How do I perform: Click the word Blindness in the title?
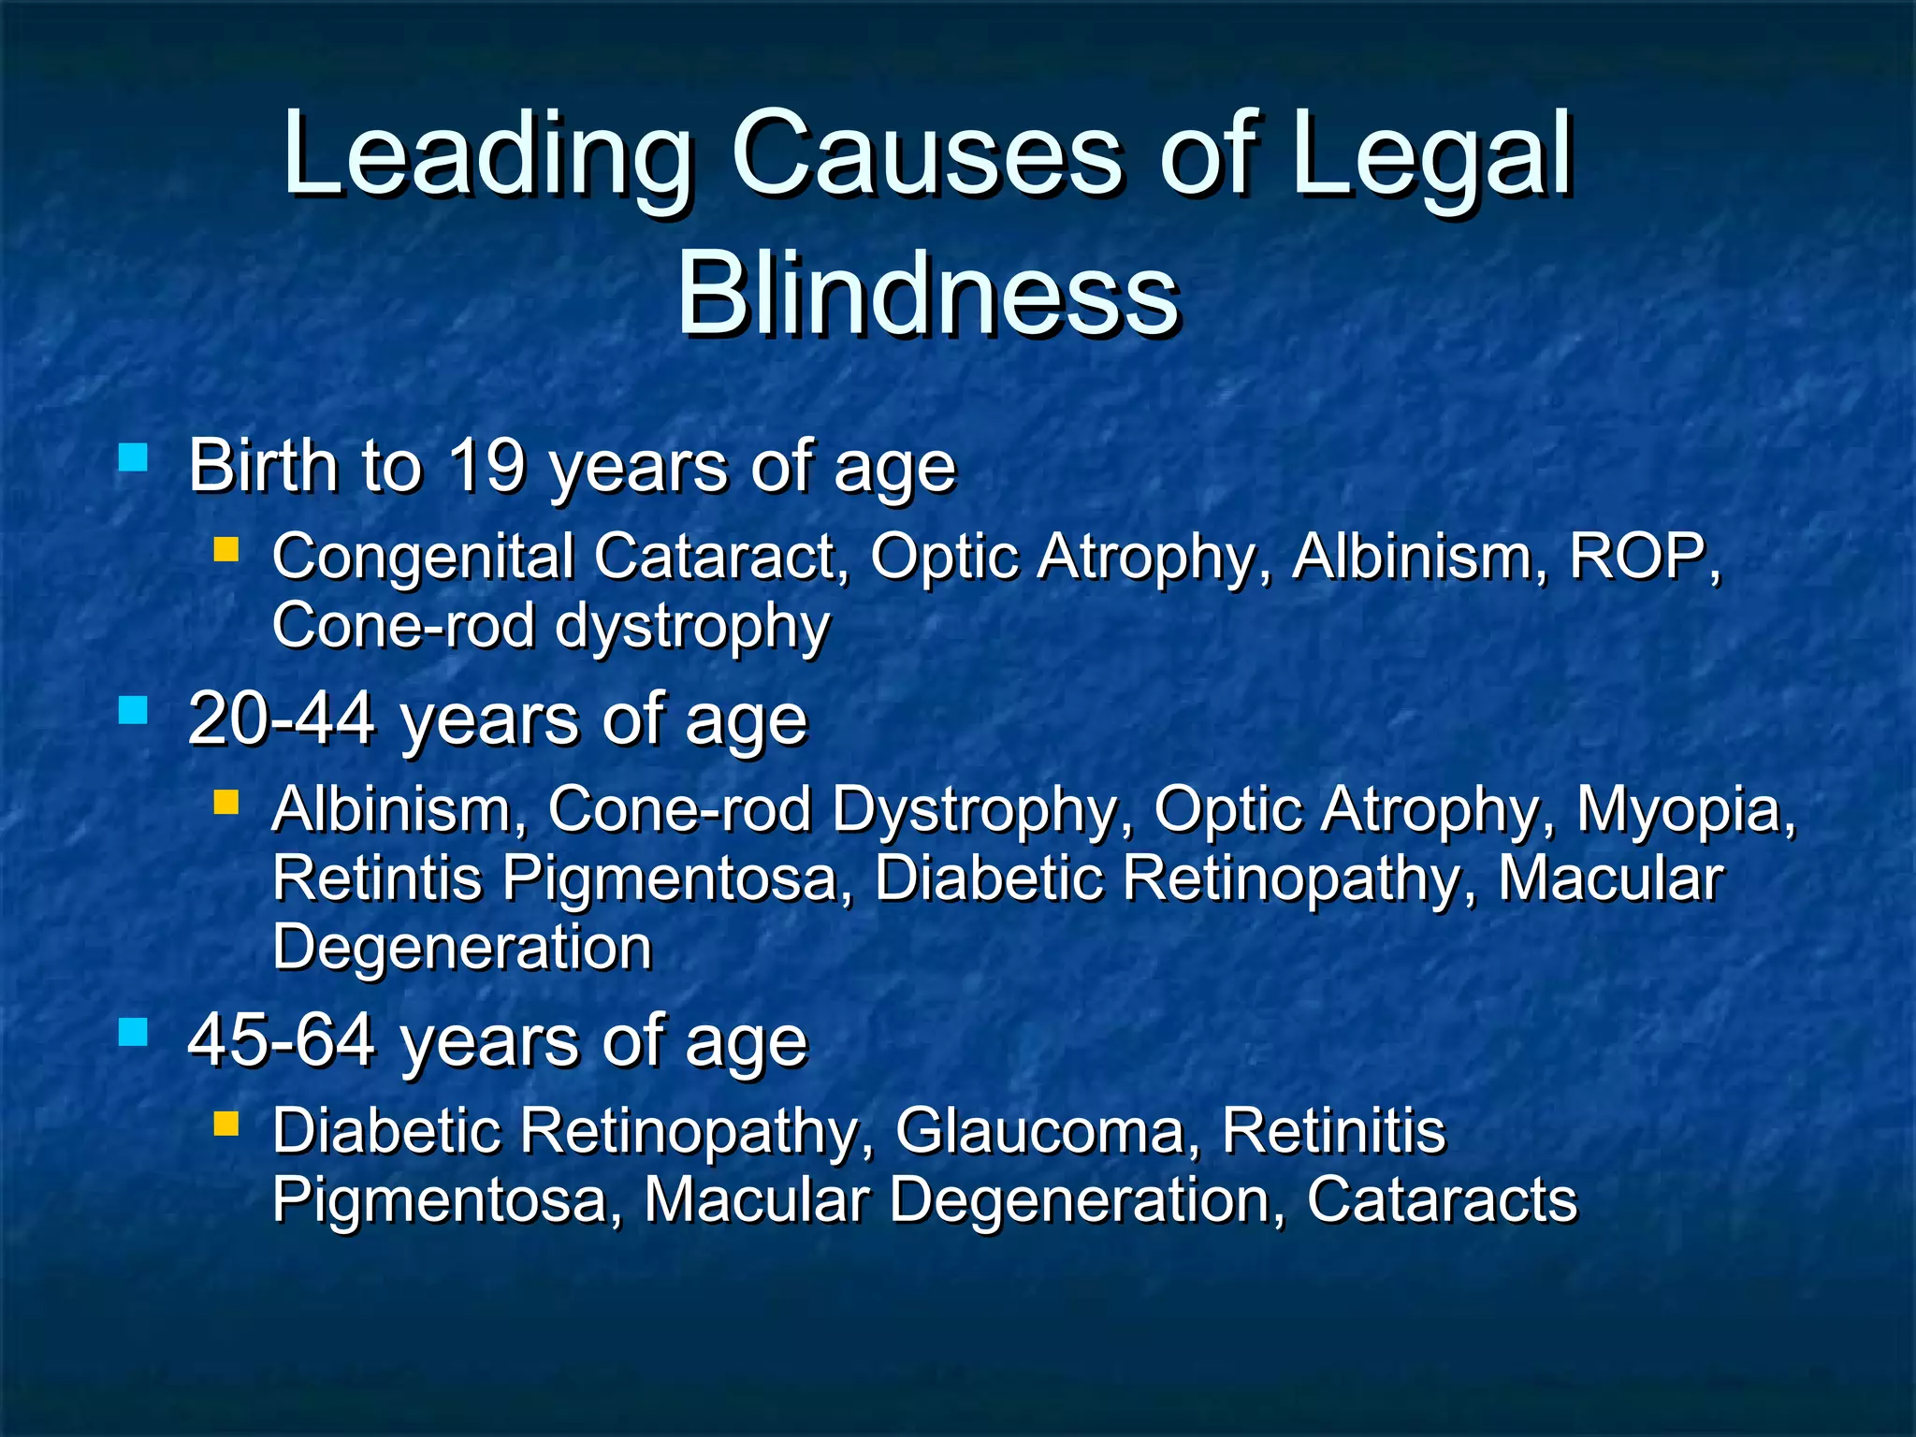tap(927, 295)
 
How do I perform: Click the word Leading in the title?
tap(487, 154)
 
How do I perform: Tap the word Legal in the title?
tap(1431, 154)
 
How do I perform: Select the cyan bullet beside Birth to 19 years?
tap(134, 457)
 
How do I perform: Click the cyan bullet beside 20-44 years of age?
tap(134, 710)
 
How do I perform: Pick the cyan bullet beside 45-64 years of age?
tap(134, 1032)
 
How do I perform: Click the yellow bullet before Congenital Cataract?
tap(225, 548)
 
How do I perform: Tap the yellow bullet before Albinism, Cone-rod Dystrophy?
tap(225, 802)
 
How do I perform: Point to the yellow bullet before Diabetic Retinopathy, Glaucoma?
tap(225, 1123)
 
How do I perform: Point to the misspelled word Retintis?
tap(377, 878)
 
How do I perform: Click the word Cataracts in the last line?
tap(1441, 1200)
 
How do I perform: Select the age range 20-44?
tap(281, 720)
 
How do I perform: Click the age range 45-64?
tap(281, 1041)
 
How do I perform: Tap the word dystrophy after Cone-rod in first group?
tap(692, 628)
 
